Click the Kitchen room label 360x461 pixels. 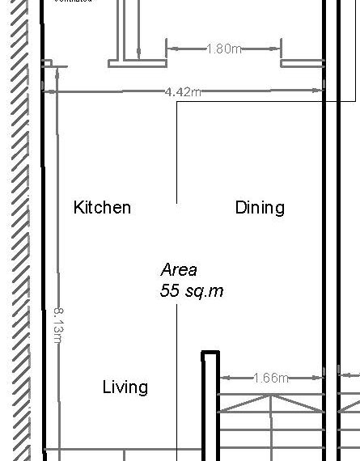tap(102, 208)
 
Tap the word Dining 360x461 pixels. tap(260, 208)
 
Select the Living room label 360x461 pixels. tap(125, 387)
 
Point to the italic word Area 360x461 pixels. tap(179, 270)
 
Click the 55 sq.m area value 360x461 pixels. tap(192, 291)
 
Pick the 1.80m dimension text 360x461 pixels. tap(224, 49)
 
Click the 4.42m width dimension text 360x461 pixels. tap(182, 91)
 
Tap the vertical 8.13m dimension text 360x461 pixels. tap(57, 324)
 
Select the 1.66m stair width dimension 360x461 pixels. tap(271, 377)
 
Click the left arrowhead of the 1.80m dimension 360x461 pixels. tap(171, 49)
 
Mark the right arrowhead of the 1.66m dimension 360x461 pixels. tap(320, 377)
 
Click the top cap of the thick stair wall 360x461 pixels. tap(210, 353)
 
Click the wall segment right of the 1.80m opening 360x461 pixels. tap(303, 62)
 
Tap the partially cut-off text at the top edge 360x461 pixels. tap(73, 2)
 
